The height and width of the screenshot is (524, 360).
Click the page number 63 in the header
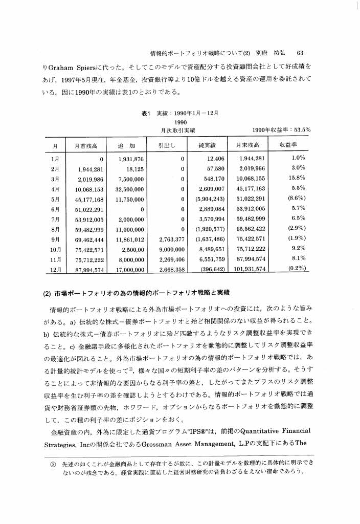[300, 52]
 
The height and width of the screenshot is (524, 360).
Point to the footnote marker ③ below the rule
[52, 463]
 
